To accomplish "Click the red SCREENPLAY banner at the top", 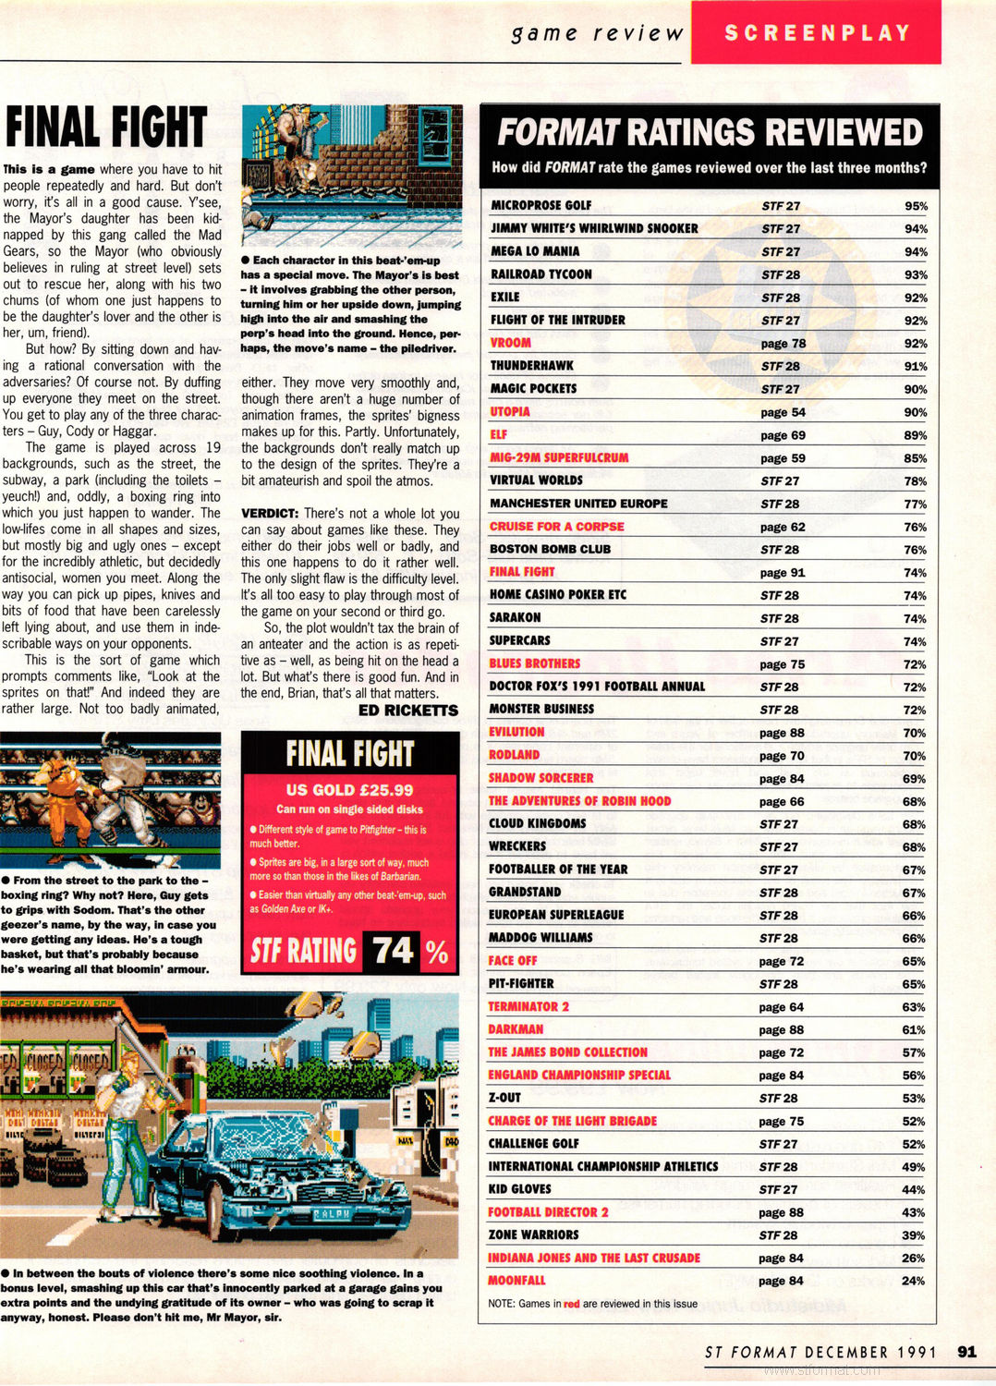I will pyautogui.click(x=816, y=33).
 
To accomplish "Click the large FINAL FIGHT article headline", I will pyautogui.click(x=105, y=128).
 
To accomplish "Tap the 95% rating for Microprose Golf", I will pyautogui.click(x=916, y=206).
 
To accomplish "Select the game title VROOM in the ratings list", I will pyautogui.click(x=511, y=343).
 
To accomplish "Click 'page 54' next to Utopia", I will pyautogui.click(x=783, y=412).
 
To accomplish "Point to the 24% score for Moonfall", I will pyautogui.click(x=913, y=1281).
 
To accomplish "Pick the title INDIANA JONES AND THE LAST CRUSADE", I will pyautogui.click(x=593, y=1258).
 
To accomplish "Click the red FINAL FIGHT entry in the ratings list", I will pyautogui.click(x=522, y=572).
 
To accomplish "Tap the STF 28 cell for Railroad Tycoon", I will pyautogui.click(x=781, y=274).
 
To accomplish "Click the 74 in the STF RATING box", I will pyautogui.click(x=393, y=950).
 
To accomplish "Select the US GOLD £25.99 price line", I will pyautogui.click(x=349, y=790).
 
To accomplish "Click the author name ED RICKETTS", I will pyautogui.click(x=407, y=711).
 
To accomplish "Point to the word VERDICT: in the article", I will pyautogui.click(x=270, y=514).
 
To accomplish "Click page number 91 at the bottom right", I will pyautogui.click(x=966, y=1352).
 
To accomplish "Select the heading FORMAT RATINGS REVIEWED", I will pyautogui.click(x=710, y=133).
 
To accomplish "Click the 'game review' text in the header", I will pyautogui.click(x=597, y=33).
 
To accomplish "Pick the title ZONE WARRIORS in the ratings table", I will pyautogui.click(x=533, y=1234).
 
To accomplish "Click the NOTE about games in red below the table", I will pyautogui.click(x=592, y=1304).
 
